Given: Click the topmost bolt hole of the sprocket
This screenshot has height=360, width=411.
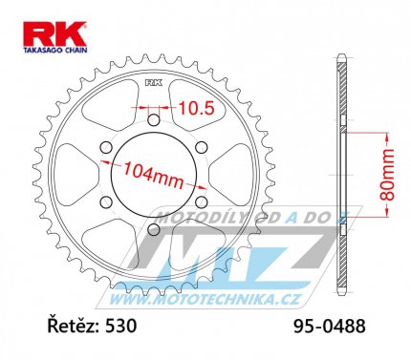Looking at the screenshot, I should (x=152, y=119).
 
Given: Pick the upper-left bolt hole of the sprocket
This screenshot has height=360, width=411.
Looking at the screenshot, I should (x=105, y=147).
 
